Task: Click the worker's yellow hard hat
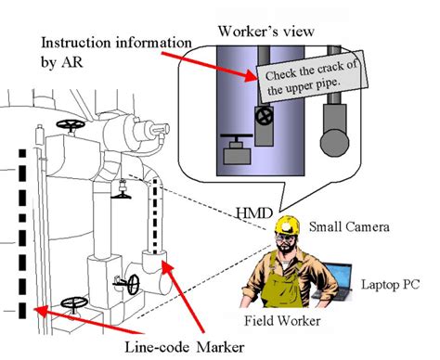[287, 225]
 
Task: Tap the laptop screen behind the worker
[337, 276]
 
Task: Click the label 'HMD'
[254, 213]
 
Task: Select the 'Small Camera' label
[349, 227]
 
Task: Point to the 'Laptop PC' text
[391, 284]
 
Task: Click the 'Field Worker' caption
[282, 321]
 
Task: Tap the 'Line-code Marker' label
[185, 347]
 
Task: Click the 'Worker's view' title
[266, 32]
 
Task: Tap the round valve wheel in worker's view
[265, 117]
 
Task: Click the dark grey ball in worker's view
[334, 143]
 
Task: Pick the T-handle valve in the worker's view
[237, 148]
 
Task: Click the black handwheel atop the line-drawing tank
[71, 124]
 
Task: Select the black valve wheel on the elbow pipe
[134, 284]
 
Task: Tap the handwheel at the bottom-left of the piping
[74, 302]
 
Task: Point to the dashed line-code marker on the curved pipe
[155, 215]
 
